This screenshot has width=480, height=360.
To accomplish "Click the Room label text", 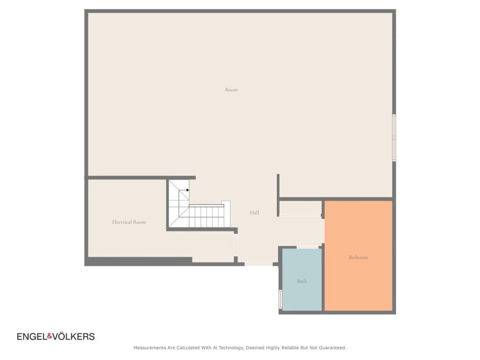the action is [x=231, y=90].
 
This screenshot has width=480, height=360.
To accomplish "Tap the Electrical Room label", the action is [x=129, y=222].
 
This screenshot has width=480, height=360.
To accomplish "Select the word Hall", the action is [x=254, y=212].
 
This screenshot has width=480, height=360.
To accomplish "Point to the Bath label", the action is [x=302, y=281].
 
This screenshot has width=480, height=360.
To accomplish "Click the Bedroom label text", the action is [x=358, y=257].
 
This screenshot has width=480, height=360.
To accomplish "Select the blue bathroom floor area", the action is [x=302, y=294].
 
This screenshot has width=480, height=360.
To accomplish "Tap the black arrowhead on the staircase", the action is [x=188, y=190].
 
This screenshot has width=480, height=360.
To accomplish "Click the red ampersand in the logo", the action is [x=49, y=336].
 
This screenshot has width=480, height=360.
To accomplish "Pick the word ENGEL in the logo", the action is [x=32, y=337].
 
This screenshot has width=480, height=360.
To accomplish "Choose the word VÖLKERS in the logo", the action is [x=73, y=337].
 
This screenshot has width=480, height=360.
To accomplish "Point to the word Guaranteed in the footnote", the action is [x=332, y=348].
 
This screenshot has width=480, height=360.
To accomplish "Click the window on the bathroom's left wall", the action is [x=280, y=299].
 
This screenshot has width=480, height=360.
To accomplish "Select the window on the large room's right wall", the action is [x=394, y=138].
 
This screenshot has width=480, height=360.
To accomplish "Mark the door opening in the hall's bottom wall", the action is [x=259, y=264].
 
